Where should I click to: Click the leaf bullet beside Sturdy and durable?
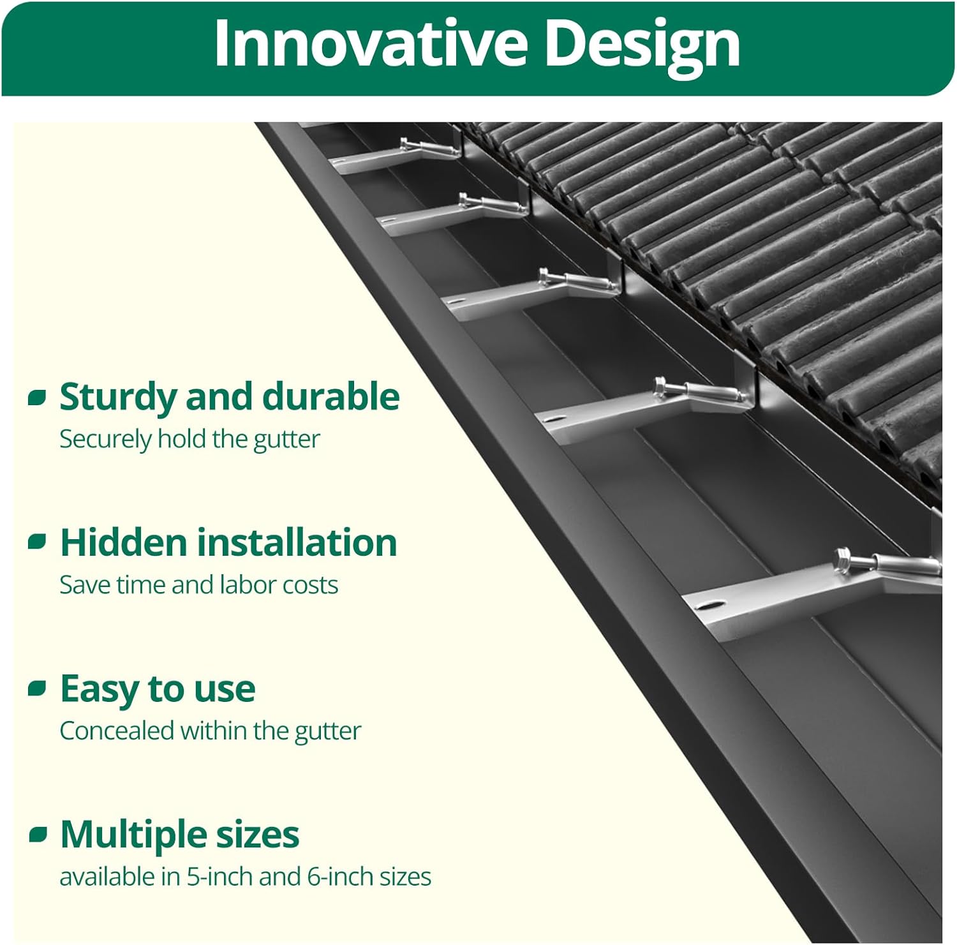click(x=38, y=398)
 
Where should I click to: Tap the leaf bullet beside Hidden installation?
click(x=38, y=542)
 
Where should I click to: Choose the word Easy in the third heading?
click(x=99, y=690)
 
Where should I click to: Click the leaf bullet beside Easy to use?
click(x=38, y=688)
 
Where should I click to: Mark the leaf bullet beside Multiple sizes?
click(x=38, y=834)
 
